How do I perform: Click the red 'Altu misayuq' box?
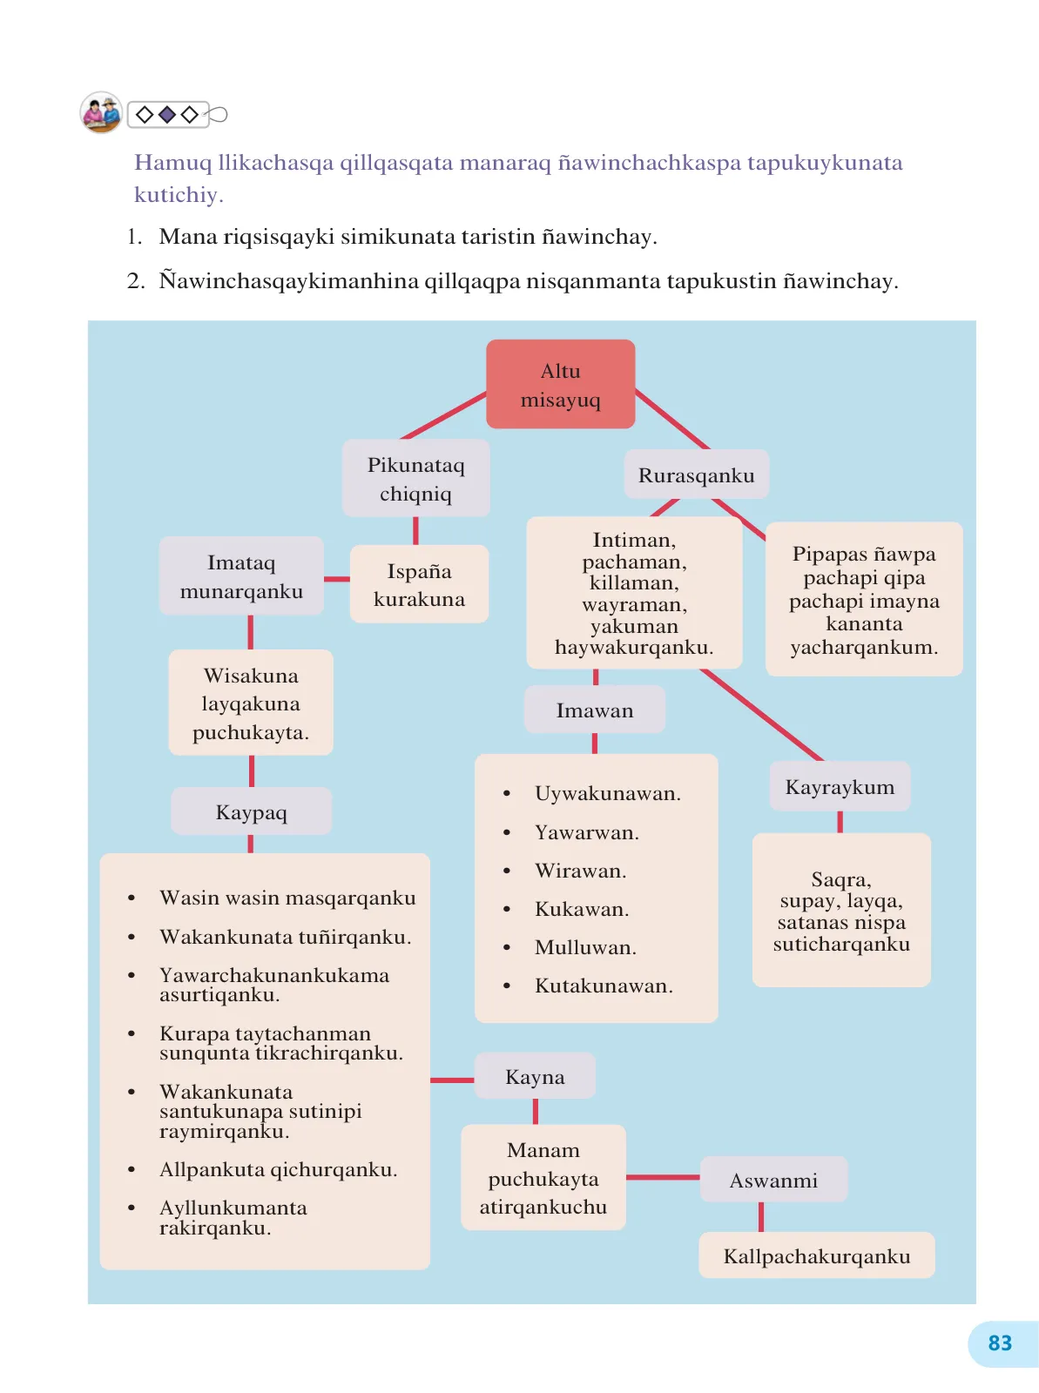[560, 384]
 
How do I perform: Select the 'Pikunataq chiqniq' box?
[415, 478]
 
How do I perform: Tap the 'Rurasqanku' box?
[696, 474]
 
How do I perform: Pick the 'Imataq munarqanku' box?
[241, 575]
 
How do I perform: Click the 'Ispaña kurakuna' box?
[419, 584]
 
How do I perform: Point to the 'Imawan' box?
[595, 710]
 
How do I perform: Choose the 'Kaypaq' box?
[252, 811]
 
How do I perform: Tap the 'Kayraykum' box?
[840, 786]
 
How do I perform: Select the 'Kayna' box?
[535, 1076]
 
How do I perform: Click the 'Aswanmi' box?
[773, 1180]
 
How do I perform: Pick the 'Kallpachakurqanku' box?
[817, 1256]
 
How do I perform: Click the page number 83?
[1000, 1343]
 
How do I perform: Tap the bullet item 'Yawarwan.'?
[571, 832]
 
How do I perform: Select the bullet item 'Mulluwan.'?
[570, 947]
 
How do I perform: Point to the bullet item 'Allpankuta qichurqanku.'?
[263, 1169]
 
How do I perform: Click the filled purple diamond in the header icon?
[167, 114]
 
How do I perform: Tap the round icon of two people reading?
[101, 112]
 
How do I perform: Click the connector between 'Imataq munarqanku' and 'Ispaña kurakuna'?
[337, 579]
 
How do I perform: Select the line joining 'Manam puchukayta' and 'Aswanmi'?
[663, 1177]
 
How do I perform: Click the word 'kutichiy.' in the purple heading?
[179, 194]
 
